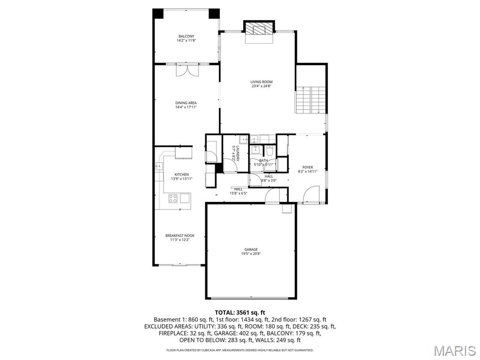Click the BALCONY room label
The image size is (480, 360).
(186, 36)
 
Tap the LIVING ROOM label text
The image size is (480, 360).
(261, 82)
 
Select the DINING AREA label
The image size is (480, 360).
(186, 103)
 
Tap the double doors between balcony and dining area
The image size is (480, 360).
(187, 70)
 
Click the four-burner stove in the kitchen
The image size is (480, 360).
(173, 198)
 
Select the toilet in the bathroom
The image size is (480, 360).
(270, 151)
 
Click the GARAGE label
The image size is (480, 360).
(251, 249)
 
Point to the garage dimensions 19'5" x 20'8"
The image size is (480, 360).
(251, 254)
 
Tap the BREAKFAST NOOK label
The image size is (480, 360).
(180, 235)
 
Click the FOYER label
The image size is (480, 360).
(307, 167)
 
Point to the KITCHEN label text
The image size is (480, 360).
(181, 174)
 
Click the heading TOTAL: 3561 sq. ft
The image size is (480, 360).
(240, 312)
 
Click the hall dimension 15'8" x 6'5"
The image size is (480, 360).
(238, 193)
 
